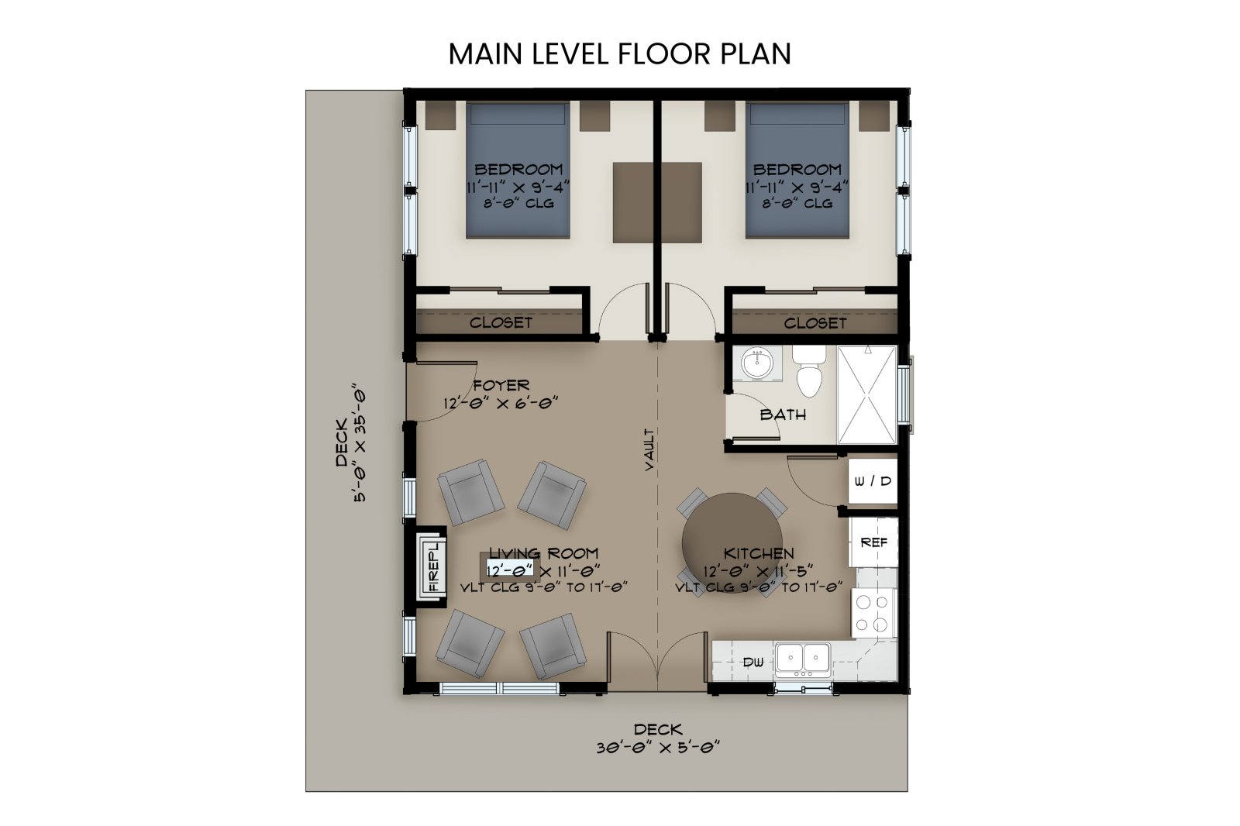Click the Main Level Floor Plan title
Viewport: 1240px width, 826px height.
(x=619, y=53)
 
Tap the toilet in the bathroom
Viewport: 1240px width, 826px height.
(x=809, y=371)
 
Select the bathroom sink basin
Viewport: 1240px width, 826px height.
(x=756, y=363)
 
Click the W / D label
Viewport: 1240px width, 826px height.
(x=873, y=481)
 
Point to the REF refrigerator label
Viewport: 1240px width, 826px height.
(x=873, y=542)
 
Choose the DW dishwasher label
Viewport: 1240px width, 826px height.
(x=753, y=662)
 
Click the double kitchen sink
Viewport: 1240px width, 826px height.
(x=803, y=659)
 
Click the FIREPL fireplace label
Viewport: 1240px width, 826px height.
(x=433, y=566)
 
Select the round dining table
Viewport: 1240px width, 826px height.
(x=732, y=543)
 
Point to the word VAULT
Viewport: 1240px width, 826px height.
(x=649, y=449)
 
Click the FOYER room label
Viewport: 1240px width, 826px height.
(x=501, y=385)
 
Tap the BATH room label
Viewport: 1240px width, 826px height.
(x=783, y=414)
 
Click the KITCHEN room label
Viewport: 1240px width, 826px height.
(x=759, y=553)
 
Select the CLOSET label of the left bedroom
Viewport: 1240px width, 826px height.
(x=501, y=322)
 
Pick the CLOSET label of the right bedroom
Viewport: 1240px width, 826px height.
(x=815, y=323)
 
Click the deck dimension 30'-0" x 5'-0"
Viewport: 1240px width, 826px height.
(x=658, y=748)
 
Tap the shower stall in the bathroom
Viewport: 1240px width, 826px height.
(x=866, y=394)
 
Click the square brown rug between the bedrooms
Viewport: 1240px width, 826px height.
(x=657, y=202)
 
